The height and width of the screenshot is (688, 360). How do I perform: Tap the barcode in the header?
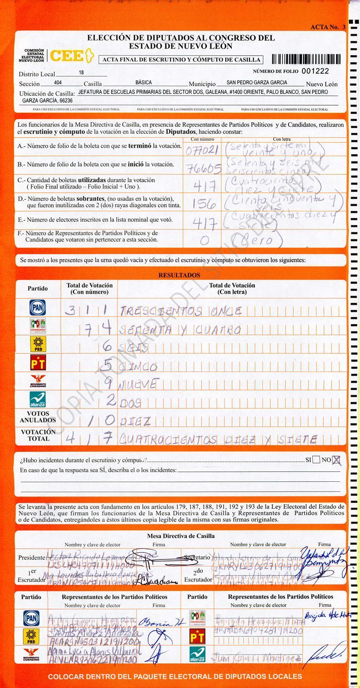tap(306, 59)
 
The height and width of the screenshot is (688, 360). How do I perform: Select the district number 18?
tap(81, 73)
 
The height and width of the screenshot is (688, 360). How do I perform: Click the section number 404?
tap(58, 83)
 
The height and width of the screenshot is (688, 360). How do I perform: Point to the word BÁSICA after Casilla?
tap(143, 83)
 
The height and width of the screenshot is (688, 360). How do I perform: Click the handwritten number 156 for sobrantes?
tap(203, 203)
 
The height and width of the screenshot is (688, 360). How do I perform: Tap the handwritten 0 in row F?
tap(205, 240)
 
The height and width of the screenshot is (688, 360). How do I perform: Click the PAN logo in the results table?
tap(38, 308)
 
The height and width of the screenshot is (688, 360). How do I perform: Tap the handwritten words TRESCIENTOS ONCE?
tap(181, 312)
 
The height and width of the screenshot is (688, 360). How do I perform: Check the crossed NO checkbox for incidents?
tap(337, 460)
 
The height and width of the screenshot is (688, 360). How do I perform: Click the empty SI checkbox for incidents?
tap(316, 460)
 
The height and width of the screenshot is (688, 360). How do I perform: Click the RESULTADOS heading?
tap(179, 275)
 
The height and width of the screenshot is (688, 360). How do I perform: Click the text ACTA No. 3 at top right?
tap(328, 27)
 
